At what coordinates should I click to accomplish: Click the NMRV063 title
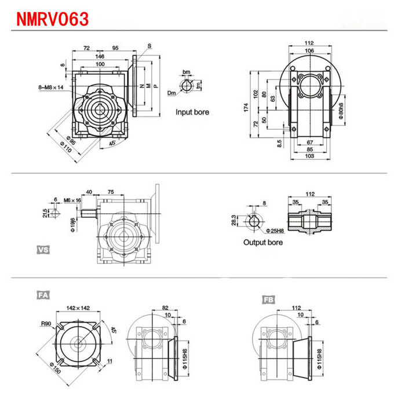(53, 19)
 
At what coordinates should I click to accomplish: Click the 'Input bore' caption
(192, 112)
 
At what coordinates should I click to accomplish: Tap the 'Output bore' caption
(262, 242)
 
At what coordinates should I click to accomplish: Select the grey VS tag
(43, 250)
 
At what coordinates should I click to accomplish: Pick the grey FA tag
(43, 295)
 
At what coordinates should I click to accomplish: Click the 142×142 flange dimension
(78, 308)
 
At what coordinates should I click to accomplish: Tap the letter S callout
(149, 45)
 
